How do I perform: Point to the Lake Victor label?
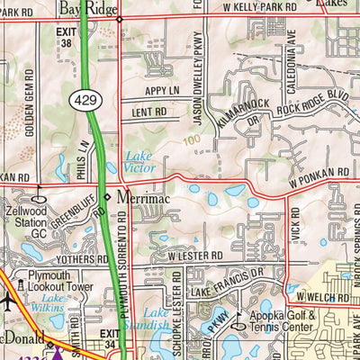pyautogui.click(x=139, y=161)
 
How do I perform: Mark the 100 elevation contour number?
pyautogui.click(x=190, y=140)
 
